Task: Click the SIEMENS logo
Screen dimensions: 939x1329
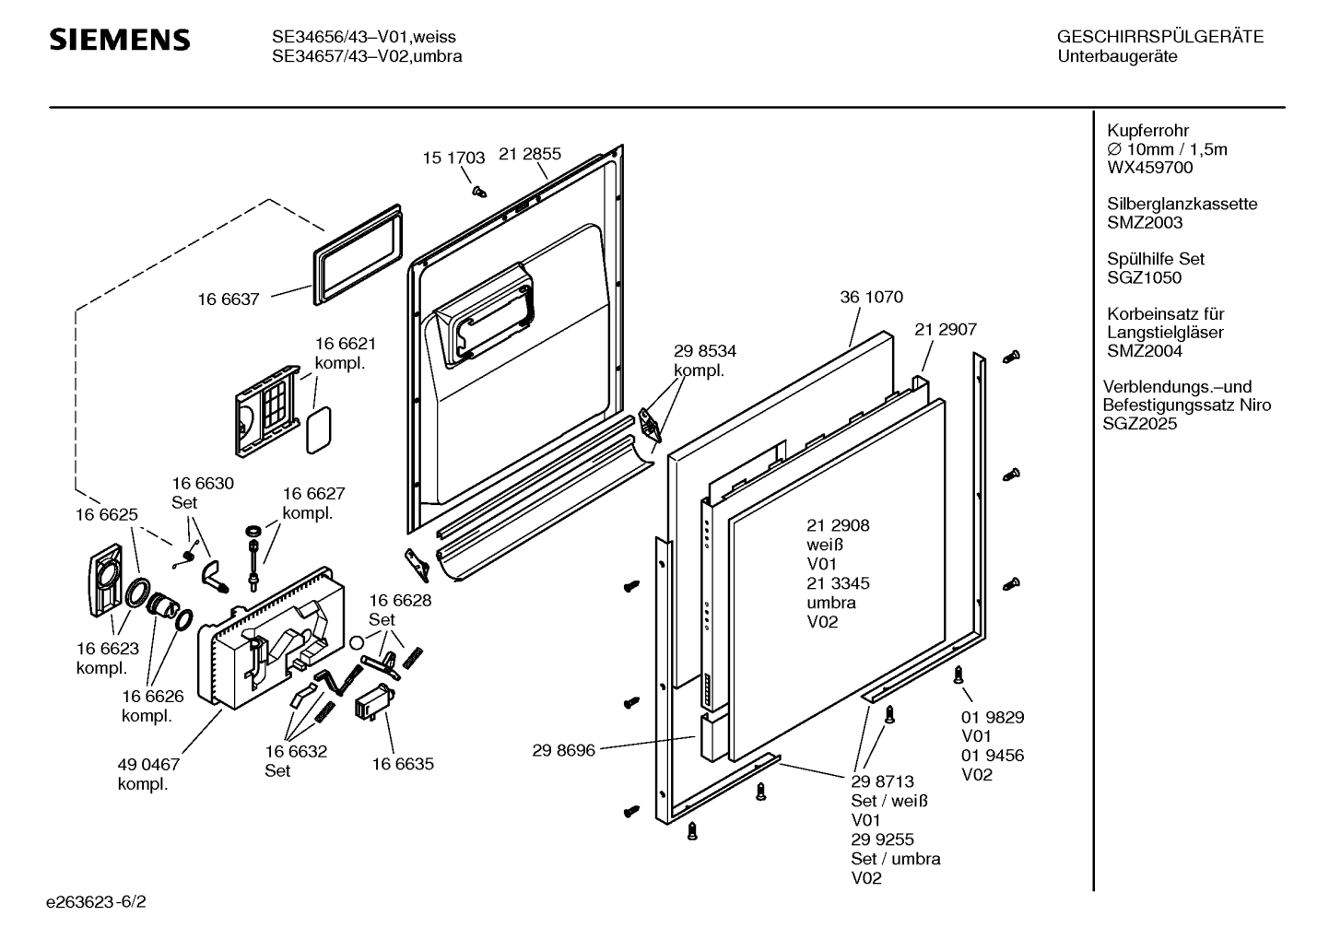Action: (x=119, y=40)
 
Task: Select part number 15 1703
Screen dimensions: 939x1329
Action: (x=453, y=158)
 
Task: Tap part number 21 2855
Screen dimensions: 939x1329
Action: (x=530, y=155)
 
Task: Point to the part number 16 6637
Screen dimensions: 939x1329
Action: (x=229, y=299)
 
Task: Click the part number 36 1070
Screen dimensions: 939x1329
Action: (x=872, y=298)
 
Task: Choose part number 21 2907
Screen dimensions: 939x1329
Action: (x=946, y=329)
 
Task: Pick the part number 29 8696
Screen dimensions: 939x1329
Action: (x=564, y=750)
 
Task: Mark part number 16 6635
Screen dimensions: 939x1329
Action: (x=403, y=764)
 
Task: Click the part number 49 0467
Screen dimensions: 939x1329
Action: (x=148, y=765)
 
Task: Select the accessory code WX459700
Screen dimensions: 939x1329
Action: (x=1150, y=168)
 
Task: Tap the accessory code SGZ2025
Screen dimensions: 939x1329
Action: (x=1140, y=424)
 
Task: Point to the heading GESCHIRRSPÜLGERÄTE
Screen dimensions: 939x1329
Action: (x=1160, y=38)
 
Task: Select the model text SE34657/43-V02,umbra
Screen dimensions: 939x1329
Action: (x=367, y=56)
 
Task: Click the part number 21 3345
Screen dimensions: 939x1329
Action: (x=838, y=583)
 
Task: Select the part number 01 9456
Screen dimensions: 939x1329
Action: (x=993, y=756)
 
